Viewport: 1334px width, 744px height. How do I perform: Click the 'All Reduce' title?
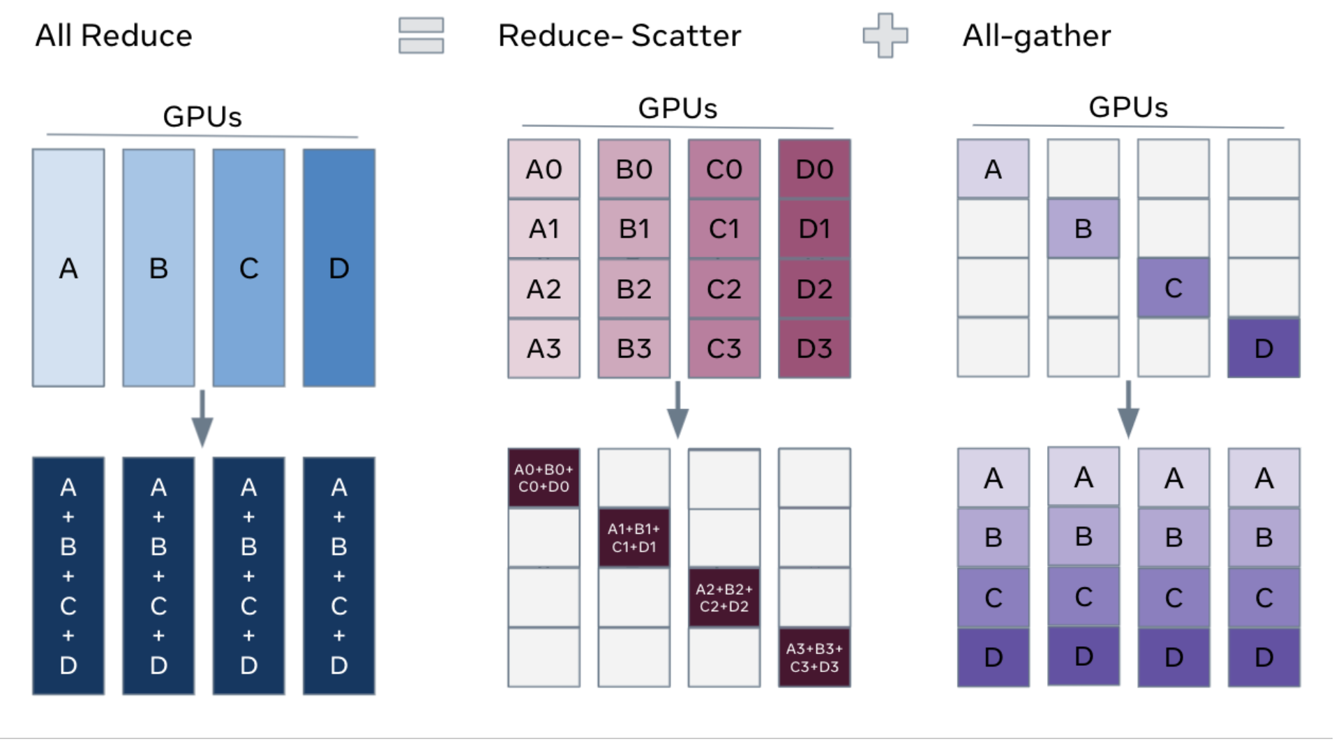tap(114, 36)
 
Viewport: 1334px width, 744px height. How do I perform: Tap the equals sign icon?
tap(421, 36)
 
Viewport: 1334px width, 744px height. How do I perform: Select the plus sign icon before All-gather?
tap(885, 36)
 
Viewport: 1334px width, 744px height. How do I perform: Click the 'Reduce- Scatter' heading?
tap(619, 36)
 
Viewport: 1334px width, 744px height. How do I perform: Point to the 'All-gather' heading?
tap(1036, 36)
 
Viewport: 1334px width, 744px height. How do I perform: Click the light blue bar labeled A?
tap(68, 268)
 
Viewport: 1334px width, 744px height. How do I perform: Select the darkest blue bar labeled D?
tap(339, 268)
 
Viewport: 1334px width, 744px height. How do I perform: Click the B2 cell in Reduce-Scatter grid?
tap(634, 289)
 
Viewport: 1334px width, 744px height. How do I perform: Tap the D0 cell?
tap(814, 170)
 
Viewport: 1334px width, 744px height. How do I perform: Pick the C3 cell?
tap(724, 348)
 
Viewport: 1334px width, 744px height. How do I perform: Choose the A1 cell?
tap(544, 229)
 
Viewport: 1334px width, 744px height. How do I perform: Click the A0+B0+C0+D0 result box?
tap(544, 478)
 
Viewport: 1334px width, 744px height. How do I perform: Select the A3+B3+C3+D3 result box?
tap(814, 657)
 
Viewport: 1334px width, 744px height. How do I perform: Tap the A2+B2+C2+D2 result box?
tap(724, 598)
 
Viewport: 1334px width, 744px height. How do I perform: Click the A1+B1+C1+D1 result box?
tap(634, 538)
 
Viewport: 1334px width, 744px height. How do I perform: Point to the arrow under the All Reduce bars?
tap(202, 419)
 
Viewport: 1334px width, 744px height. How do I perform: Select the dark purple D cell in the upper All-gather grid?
tap(1264, 348)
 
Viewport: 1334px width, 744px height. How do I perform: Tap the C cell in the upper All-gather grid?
tap(1174, 288)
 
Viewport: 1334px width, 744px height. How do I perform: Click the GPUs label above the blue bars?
tap(202, 117)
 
